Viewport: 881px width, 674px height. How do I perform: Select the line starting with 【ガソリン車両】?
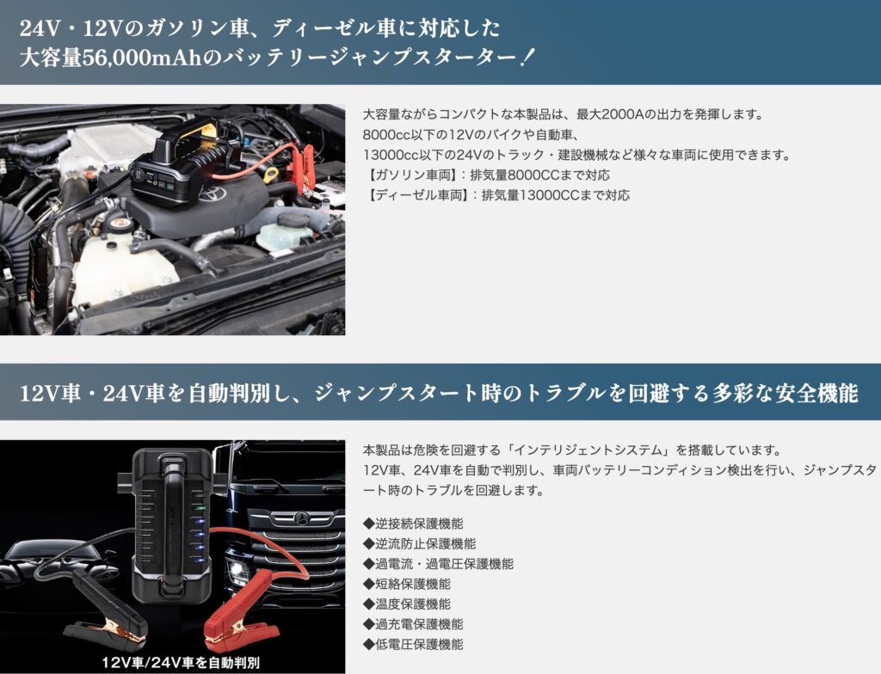click(x=487, y=175)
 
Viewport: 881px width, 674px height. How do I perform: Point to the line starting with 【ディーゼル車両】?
click(x=496, y=195)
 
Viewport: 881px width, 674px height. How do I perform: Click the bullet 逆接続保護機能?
click(x=413, y=524)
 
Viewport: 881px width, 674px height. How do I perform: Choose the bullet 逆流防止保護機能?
click(x=419, y=543)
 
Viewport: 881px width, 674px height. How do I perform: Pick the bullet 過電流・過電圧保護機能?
click(x=438, y=564)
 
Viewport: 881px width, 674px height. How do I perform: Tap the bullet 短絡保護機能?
click(x=407, y=584)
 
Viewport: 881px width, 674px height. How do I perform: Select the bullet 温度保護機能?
click(x=407, y=604)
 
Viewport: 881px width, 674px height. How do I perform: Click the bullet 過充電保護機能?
click(x=413, y=624)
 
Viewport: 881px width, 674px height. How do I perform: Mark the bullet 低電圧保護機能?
click(x=413, y=644)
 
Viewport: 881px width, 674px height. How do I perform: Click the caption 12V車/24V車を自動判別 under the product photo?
click(x=181, y=662)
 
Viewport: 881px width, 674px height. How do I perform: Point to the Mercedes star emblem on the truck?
click(x=303, y=518)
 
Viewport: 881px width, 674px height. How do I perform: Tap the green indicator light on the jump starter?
click(x=199, y=508)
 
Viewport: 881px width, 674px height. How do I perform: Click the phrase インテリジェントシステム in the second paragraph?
click(x=589, y=450)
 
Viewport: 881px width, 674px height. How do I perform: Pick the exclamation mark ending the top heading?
click(x=526, y=58)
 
